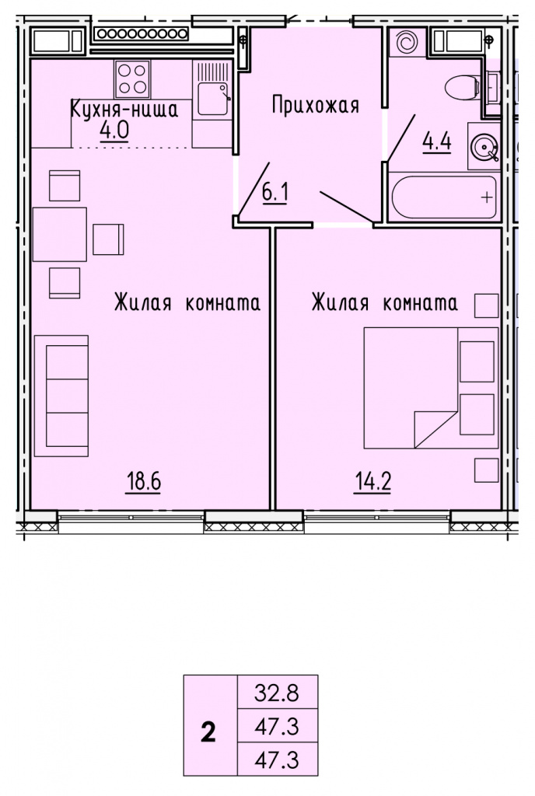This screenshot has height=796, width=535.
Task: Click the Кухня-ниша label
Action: (124, 110)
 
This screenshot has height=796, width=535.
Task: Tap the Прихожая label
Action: (316, 105)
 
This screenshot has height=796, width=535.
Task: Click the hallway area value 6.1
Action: (275, 193)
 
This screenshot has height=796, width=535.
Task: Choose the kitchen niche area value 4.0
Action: (114, 131)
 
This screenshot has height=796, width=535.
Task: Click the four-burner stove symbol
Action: (132, 79)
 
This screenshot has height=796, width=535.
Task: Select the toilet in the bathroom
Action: (463, 88)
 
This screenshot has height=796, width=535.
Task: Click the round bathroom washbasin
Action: (484, 146)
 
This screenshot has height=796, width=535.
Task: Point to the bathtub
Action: (444, 197)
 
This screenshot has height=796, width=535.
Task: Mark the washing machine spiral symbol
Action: (407, 42)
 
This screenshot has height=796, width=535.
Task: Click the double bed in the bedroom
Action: (431, 388)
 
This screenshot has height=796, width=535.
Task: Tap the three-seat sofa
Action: (61, 396)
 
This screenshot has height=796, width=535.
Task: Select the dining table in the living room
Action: (60, 234)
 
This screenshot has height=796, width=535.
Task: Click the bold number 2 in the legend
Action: (208, 733)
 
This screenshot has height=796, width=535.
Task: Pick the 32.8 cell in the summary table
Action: (277, 693)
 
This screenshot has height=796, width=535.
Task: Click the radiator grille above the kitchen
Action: (142, 34)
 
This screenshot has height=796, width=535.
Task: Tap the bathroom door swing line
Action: (401, 137)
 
